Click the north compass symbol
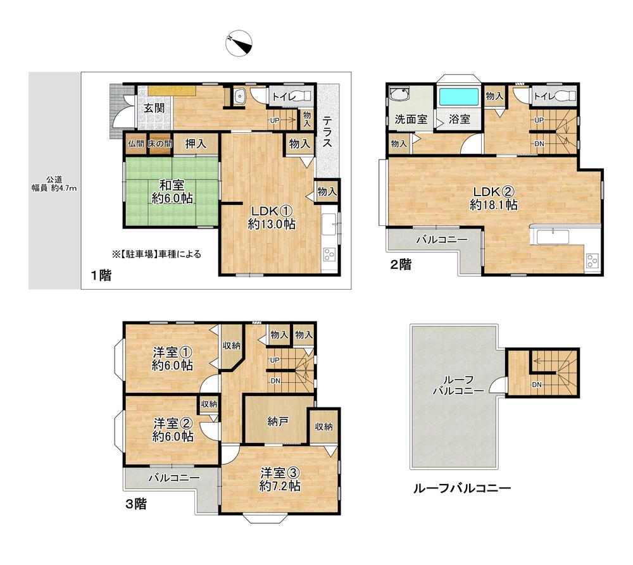point(239,43)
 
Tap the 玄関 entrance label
point(154,108)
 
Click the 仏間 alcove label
point(136,144)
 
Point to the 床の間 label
point(160,144)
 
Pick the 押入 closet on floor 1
point(196,144)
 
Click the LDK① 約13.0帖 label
point(272,217)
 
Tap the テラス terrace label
point(327,132)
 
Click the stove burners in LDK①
point(329,254)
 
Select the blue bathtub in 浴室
point(458,97)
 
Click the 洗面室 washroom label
point(411,119)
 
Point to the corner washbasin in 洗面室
point(399,96)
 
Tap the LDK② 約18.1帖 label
point(494,198)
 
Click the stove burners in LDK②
point(592,260)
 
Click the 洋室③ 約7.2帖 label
point(280,479)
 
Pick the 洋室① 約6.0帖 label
point(172,359)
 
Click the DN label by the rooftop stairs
point(537,385)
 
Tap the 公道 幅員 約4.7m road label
point(54,184)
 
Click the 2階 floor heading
point(401,264)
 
